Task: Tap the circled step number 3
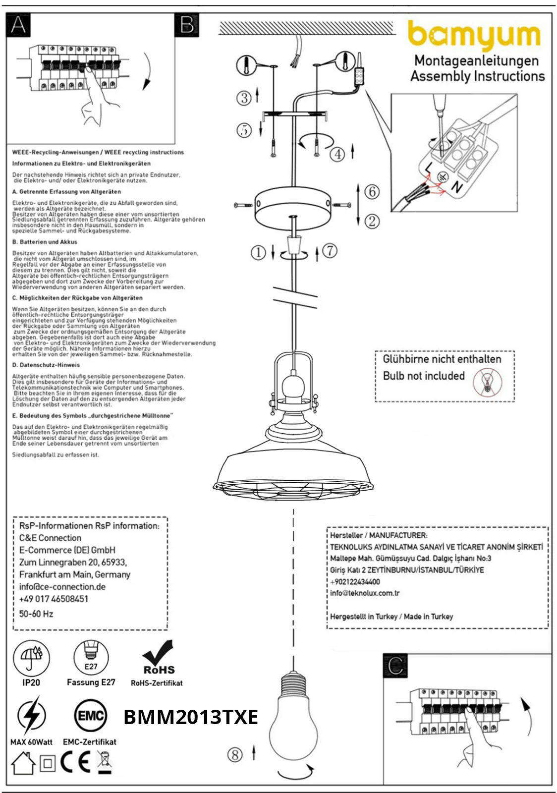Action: (x=244, y=98)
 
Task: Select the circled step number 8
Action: (x=235, y=755)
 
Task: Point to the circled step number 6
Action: (x=372, y=191)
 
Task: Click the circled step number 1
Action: (x=258, y=253)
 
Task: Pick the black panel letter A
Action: (x=18, y=25)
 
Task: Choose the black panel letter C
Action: (x=395, y=666)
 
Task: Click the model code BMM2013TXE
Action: (x=191, y=717)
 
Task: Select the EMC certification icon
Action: (x=90, y=716)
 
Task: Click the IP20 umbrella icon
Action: (x=31, y=658)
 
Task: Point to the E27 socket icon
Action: (x=91, y=657)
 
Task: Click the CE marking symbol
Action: (x=75, y=763)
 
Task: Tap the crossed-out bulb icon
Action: (x=487, y=383)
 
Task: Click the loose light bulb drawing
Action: (x=293, y=719)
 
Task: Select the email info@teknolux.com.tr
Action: (x=365, y=593)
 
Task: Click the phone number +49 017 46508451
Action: (x=54, y=599)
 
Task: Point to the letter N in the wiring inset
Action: (x=456, y=187)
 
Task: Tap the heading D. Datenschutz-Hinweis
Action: (x=46, y=365)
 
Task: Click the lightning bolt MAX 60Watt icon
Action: (x=31, y=716)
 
